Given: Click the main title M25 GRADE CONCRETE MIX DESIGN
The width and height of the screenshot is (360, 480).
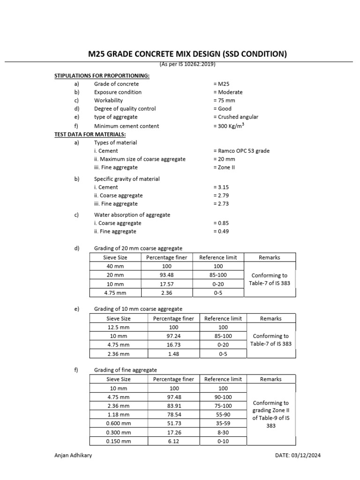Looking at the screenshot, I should [187, 54].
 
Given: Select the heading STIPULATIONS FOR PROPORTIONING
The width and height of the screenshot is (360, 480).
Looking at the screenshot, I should [102, 75].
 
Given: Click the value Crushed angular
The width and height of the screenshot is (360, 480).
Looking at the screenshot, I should [235, 117].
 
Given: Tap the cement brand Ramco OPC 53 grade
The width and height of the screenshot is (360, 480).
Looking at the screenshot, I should [241, 151].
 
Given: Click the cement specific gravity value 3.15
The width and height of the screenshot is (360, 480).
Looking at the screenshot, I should [220, 187].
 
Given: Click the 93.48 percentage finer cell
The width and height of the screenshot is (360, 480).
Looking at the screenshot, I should [166, 275].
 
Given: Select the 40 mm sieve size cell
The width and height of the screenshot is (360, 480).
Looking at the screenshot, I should [115, 266].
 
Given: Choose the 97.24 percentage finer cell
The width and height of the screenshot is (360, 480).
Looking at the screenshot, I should [173, 336].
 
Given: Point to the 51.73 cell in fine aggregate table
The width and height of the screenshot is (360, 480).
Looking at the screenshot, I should [173, 423].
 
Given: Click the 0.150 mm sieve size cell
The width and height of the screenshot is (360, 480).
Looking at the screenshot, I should [119, 441].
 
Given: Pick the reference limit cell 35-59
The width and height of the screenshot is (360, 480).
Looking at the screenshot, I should [223, 423].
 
